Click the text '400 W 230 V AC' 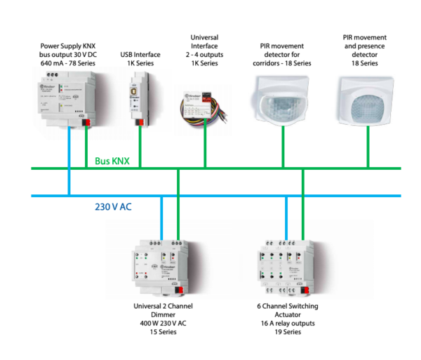(x=163, y=324)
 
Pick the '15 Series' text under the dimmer (x=163, y=332)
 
